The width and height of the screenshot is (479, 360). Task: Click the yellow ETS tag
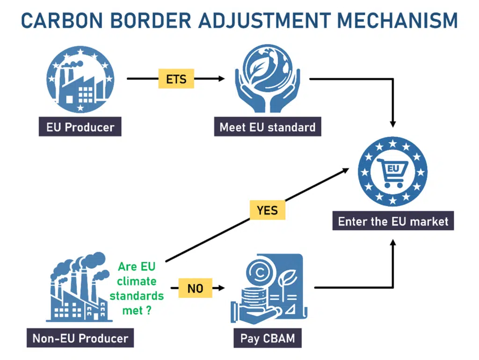coord(176,79)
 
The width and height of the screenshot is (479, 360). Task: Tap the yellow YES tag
coord(267,210)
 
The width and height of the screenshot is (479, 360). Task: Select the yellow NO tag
coord(195,288)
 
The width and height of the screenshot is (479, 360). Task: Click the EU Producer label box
coord(80,126)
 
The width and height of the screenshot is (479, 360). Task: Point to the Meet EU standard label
coord(268,126)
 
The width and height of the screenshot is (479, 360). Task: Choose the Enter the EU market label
coord(393,220)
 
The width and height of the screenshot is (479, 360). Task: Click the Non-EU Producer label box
coord(80,338)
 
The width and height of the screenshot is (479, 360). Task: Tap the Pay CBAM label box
coord(268,338)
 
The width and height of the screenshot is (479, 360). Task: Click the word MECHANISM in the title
coord(397,21)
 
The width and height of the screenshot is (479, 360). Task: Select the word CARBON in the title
coord(62,21)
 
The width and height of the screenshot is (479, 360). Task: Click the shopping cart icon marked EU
coord(392,173)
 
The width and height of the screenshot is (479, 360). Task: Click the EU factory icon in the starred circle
coord(80,80)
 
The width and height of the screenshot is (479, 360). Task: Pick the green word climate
coord(137,281)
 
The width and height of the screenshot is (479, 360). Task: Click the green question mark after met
coord(149,310)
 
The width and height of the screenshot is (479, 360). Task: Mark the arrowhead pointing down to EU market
coord(393,124)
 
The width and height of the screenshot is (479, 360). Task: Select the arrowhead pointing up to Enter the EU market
coord(393,242)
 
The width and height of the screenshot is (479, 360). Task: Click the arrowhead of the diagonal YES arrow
coord(346,170)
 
